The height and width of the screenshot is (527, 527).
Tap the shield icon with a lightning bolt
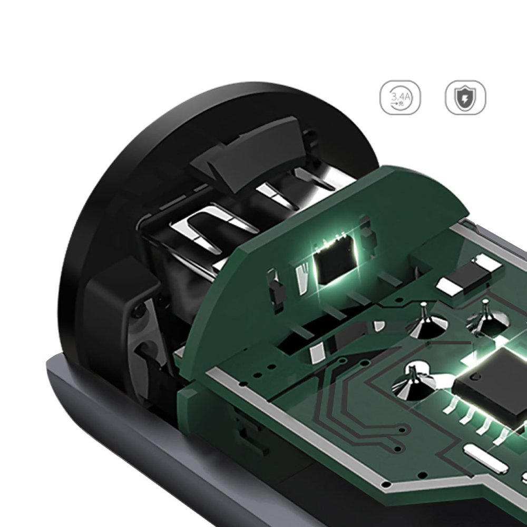coord(465,97)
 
